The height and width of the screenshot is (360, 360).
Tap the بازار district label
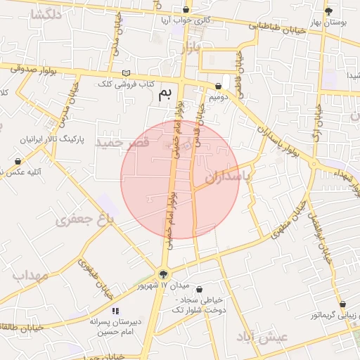191,48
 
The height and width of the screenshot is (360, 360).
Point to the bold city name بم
165,94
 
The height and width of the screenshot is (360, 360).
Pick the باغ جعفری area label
85,220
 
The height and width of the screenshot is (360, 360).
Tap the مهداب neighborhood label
30,275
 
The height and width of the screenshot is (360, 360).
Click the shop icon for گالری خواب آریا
186,10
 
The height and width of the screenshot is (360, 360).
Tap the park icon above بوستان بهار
328,11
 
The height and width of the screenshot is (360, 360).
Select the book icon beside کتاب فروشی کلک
126,73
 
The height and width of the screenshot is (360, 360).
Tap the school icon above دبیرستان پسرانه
116,310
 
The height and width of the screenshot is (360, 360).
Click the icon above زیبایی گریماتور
343,304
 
